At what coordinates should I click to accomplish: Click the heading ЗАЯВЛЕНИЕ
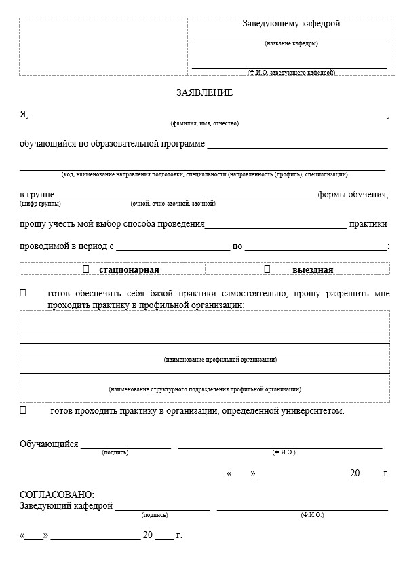point(204,92)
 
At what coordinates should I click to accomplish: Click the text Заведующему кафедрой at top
point(291,24)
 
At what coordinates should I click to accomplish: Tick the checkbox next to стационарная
point(86,269)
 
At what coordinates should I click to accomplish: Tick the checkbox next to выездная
point(267,269)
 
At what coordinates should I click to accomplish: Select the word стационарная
point(129,270)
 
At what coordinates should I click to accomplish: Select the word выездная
point(313,270)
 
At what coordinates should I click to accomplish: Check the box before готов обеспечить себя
point(23,294)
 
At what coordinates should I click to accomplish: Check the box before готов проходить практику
point(23,410)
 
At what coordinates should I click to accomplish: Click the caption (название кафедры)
point(291,43)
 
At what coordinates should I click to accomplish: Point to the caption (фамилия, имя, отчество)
point(204,124)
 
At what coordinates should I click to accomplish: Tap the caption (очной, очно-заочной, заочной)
point(172,204)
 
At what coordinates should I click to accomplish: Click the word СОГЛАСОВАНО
point(57,495)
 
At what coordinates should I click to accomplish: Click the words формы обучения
point(353,195)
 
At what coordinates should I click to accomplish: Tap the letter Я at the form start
point(23,114)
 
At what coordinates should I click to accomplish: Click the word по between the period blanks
point(237,247)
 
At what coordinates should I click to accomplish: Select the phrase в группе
point(37,195)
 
